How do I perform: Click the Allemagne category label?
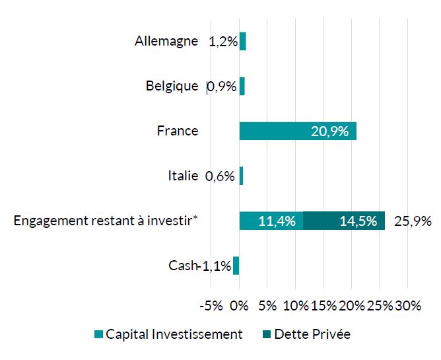coord(166,41)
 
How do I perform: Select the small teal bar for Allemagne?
coord(242,41)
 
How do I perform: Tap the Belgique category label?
coord(172,86)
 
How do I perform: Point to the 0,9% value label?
coord(222,87)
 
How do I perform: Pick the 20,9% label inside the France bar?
coord(329,131)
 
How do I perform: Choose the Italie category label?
coord(183,176)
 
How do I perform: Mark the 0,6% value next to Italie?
coord(220,176)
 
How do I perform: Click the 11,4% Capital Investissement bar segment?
coord(271,221)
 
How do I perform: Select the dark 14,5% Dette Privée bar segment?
coord(343,221)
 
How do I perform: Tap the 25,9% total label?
coord(412,221)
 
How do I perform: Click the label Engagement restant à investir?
coord(106,221)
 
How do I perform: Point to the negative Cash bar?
coord(236,266)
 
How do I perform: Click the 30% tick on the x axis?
coord(407,306)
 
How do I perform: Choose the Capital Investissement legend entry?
coord(168,334)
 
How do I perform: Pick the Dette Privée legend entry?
coord(305,334)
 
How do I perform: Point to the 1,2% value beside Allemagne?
coord(222,42)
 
